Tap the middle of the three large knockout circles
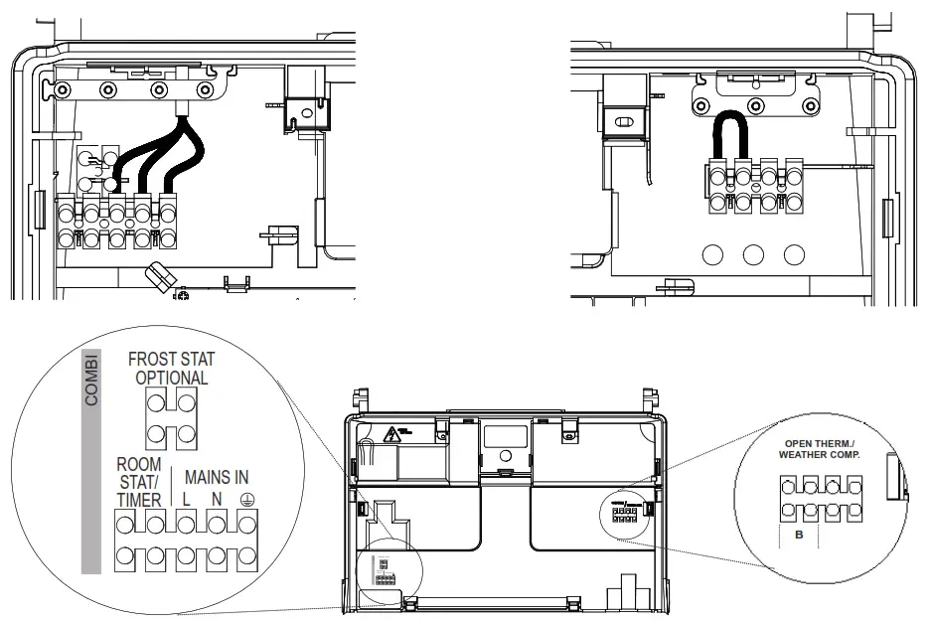(x=753, y=254)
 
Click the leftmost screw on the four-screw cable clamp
(x=63, y=90)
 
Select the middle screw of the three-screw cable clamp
(x=756, y=105)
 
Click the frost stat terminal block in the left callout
(x=172, y=417)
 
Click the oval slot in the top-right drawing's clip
(x=626, y=122)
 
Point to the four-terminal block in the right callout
(x=820, y=498)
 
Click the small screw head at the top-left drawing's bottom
(x=183, y=295)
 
